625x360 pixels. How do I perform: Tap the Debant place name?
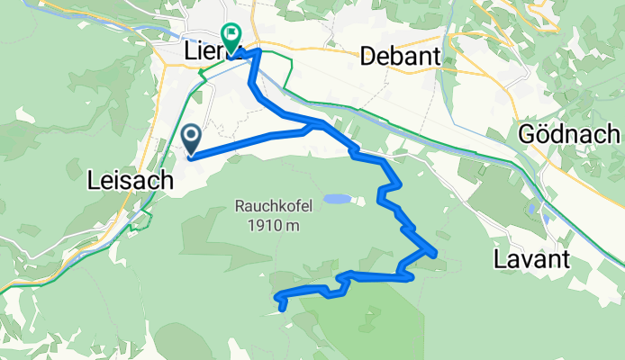[x=400, y=57]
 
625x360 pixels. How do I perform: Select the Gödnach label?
[x=569, y=134]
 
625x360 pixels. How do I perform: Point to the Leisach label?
[x=131, y=181]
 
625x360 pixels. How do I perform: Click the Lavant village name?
[x=532, y=260]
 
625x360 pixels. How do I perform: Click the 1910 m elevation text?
[x=274, y=226]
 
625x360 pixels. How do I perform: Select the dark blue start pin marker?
[x=192, y=138]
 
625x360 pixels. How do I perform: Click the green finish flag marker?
[x=231, y=39]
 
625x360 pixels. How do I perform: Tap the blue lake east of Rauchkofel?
[x=337, y=199]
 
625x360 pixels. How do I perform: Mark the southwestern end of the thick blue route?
[x=283, y=309]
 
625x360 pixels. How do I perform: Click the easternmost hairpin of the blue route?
[x=437, y=254]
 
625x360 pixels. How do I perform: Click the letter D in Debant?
[x=367, y=57]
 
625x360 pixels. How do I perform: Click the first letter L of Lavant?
[x=500, y=260]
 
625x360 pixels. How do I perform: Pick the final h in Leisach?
[x=168, y=181]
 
